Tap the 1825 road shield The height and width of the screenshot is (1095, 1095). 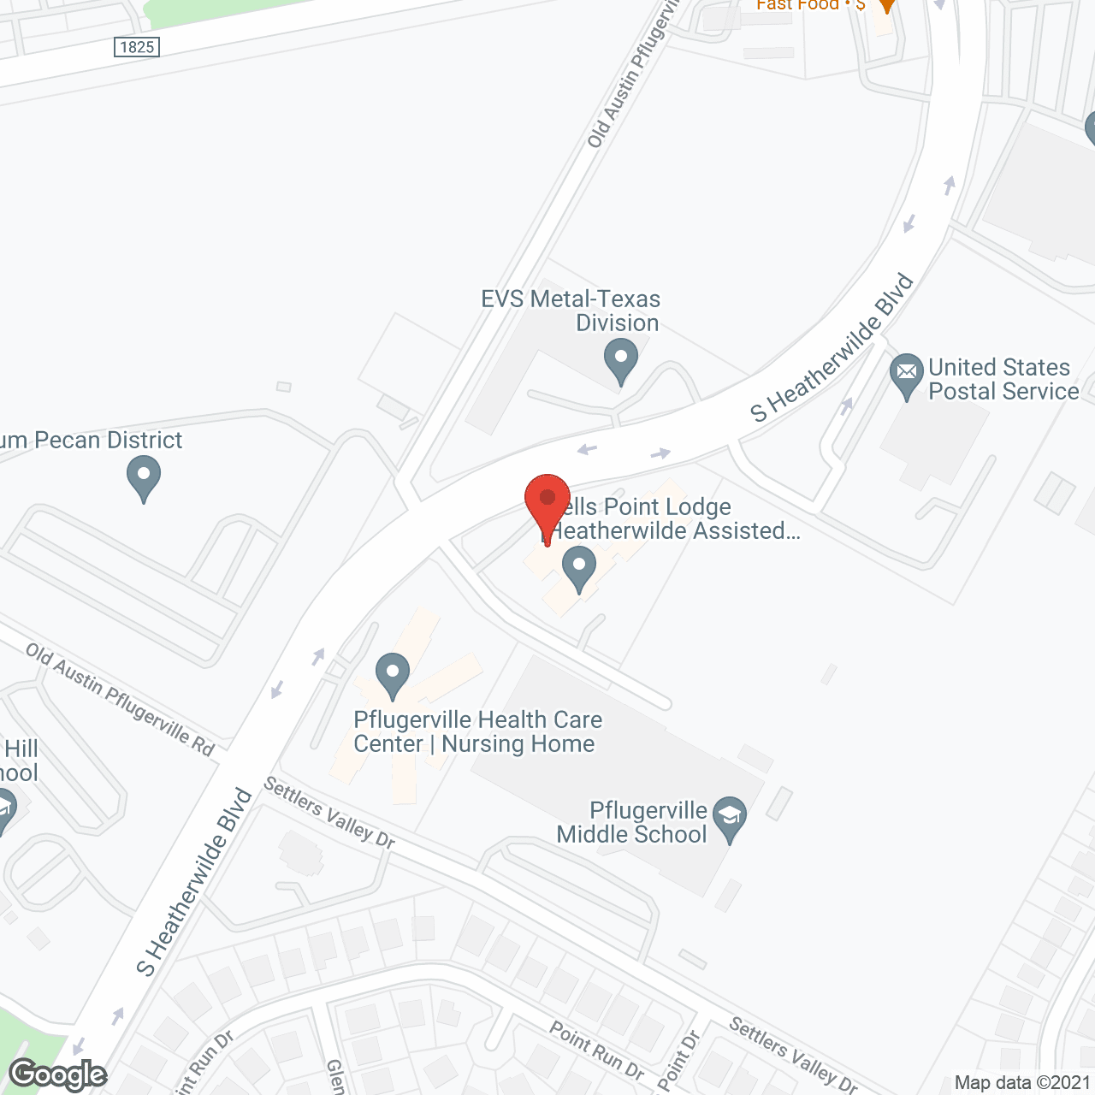tap(137, 47)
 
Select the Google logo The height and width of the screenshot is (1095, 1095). tap(58, 1074)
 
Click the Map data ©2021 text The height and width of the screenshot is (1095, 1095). tap(1023, 1083)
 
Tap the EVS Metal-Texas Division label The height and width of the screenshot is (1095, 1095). tap(571, 311)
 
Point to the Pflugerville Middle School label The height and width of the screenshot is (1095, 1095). tap(632, 822)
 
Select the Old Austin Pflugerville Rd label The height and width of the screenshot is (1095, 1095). tap(120, 699)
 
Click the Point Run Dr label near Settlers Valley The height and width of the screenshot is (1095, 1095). tap(596, 1050)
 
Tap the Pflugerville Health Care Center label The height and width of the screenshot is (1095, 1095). tap(477, 731)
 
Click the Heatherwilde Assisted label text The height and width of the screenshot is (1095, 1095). tap(676, 531)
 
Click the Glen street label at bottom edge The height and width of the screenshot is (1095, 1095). tap(335, 1076)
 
